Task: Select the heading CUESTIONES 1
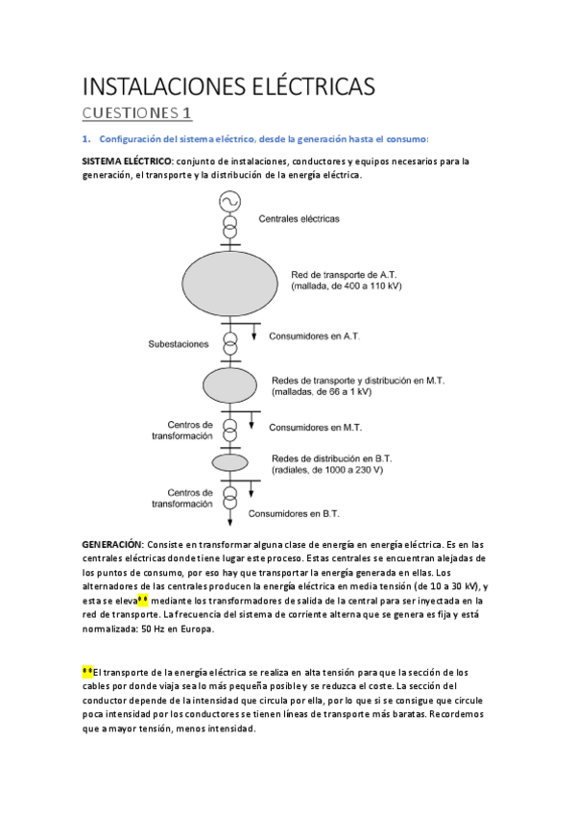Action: pos(138,115)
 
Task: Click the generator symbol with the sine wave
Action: pos(229,201)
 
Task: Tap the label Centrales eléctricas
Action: pos(299,219)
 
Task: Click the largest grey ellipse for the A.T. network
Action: pos(229,280)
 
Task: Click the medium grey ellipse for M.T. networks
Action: pos(229,384)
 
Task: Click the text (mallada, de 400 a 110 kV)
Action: pos(346,285)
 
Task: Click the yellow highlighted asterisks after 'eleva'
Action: pos(143,601)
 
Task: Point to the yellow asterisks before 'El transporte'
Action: pos(87,672)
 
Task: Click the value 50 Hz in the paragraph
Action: pos(126,630)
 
